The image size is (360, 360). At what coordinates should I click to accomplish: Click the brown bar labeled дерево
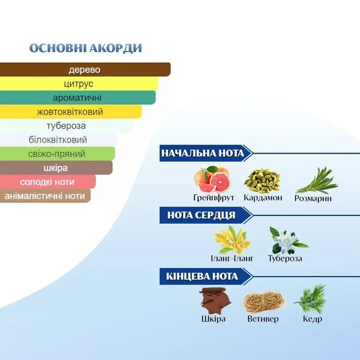point(85,70)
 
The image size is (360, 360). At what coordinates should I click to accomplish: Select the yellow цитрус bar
point(79,83)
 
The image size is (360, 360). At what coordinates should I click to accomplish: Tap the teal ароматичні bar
point(77,98)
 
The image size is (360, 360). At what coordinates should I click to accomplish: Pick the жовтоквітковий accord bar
point(71,112)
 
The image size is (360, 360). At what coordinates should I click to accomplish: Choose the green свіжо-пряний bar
point(58,154)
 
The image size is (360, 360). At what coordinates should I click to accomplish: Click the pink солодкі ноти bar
point(48,182)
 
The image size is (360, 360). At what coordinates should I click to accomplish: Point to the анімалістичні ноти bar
point(45,196)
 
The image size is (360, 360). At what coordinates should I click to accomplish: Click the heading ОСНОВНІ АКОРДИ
point(86,48)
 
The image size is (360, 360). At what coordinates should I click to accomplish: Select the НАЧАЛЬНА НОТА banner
point(206,153)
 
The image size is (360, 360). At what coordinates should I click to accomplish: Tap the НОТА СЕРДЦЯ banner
point(206,215)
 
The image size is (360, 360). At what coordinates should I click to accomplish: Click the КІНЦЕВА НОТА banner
point(206,277)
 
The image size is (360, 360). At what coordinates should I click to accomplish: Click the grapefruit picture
point(212,179)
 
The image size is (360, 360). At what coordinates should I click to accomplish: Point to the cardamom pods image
point(262,181)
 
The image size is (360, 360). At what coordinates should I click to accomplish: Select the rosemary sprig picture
point(317,181)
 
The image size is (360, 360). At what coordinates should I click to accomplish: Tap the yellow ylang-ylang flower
point(232,239)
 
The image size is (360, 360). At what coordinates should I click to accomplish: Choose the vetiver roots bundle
point(263,302)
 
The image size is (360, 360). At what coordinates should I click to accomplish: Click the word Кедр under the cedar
point(312,319)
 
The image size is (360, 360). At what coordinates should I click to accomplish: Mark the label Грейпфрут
point(214,198)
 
